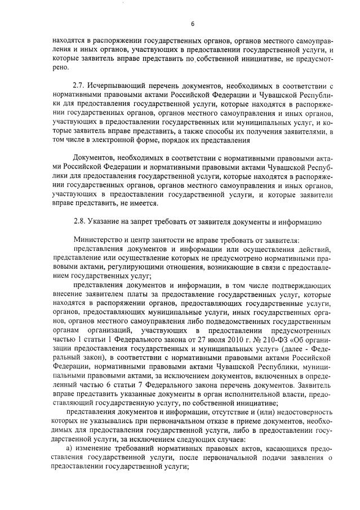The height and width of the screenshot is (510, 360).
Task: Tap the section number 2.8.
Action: click(81, 221)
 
